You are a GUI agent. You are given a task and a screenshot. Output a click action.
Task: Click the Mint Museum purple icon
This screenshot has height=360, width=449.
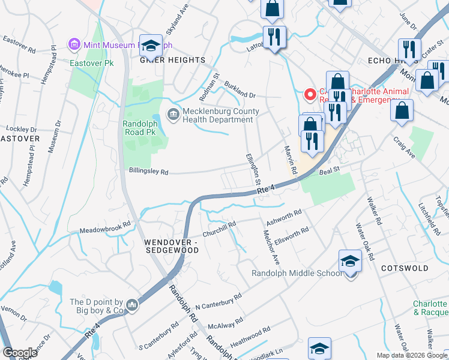coord(74,44)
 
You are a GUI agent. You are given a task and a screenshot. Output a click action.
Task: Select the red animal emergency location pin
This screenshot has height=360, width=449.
coord(310,95)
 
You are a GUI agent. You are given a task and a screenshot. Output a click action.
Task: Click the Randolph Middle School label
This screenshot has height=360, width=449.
coord(296,274)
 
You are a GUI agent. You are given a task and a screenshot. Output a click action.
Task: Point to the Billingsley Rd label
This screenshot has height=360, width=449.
coord(148,171)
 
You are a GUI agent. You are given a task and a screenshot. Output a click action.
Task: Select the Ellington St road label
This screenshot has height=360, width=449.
coord(254,169)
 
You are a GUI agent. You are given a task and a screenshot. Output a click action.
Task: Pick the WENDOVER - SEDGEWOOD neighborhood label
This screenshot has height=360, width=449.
coord(171,246)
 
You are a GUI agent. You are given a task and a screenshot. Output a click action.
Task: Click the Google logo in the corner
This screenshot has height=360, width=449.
coord(19,353)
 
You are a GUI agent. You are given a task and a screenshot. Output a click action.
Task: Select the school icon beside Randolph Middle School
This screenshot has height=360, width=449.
coord(350,262)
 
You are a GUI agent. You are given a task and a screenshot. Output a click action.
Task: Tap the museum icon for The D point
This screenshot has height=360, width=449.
coord(133,307)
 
